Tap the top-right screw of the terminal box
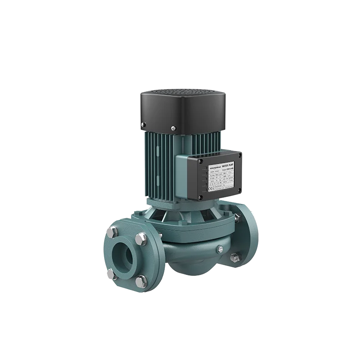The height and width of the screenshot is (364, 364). pyautogui.click(x=240, y=155)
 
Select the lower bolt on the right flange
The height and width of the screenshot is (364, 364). pyautogui.click(x=235, y=257)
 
